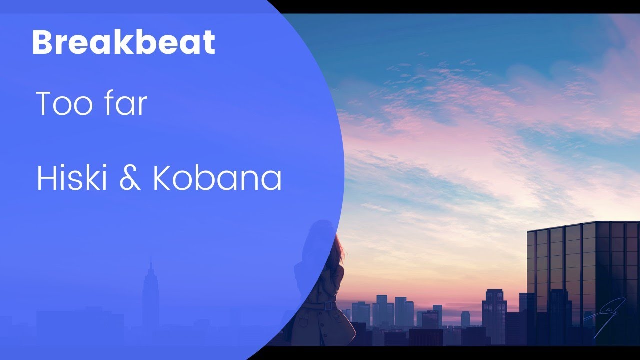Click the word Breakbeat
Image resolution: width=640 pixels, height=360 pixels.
tap(123, 42)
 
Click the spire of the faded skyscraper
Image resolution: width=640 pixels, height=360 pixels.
tap(150, 262)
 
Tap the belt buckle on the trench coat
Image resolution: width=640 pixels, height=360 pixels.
tap(328, 305)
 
